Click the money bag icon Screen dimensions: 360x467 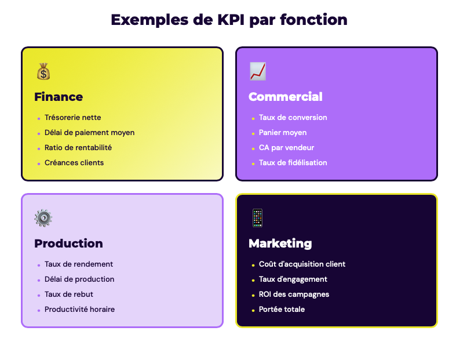[x=43, y=72]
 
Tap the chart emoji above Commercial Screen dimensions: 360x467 [x=258, y=72]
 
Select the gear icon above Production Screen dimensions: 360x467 [x=43, y=218]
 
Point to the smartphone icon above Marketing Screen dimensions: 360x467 [x=257, y=218]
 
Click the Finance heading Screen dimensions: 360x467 [x=59, y=97]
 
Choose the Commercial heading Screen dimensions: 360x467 [x=286, y=97]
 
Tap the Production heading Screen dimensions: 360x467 [x=68, y=243]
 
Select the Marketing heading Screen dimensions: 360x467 [x=280, y=243]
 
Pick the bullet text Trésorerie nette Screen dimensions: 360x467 [x=73, y=118]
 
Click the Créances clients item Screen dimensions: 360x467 [x=74, y=163]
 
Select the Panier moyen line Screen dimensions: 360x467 [x=283, y=133]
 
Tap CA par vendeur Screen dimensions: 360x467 [x=286, y=148]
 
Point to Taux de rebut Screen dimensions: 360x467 [x=69, y=294]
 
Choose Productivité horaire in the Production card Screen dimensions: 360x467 [x=79, y=310]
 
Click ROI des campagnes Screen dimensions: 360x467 [x=294, y=294]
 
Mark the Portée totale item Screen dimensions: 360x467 [x=282, y=310]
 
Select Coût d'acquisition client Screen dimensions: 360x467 [x=302, y=264]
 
